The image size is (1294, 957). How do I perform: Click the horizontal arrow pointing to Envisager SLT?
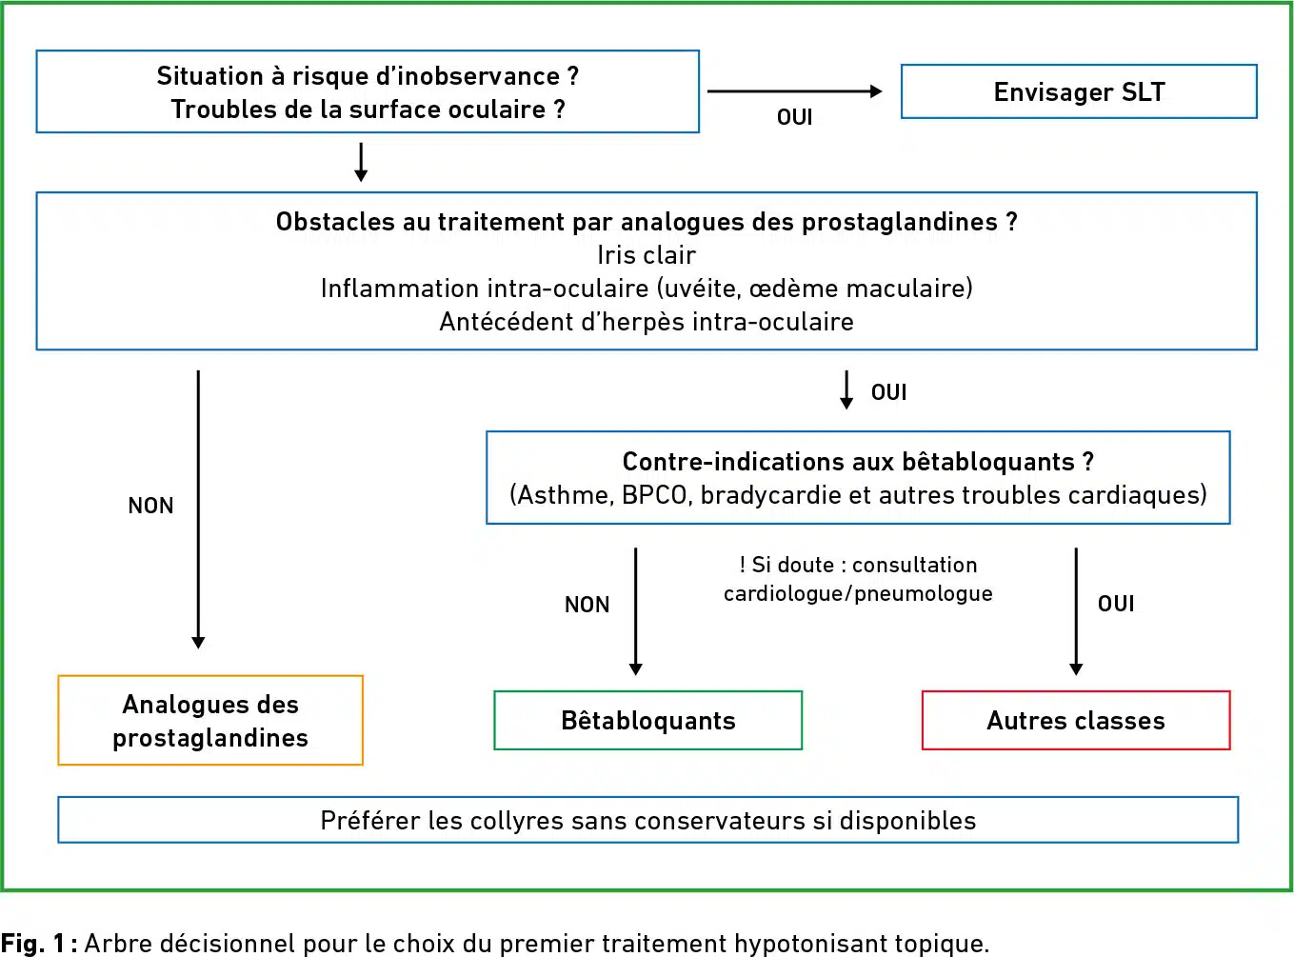click(x=795, y=91)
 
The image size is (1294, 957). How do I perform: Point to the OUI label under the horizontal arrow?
click(x=795, y=117)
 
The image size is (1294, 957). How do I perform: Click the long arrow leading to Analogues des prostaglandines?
click(x=198, y=509)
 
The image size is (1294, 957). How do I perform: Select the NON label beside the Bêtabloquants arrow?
click(x=587, y=605)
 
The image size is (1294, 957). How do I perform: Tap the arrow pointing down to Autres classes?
click(x=1076, y=611)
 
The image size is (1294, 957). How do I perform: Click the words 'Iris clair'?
click(x=647, y=255)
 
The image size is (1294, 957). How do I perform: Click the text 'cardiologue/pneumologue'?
click(x=858, y=593)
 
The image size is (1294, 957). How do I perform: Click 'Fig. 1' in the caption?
click(x=33, y=943)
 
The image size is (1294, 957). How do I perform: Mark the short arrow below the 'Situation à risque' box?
click(x=361, y=162)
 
